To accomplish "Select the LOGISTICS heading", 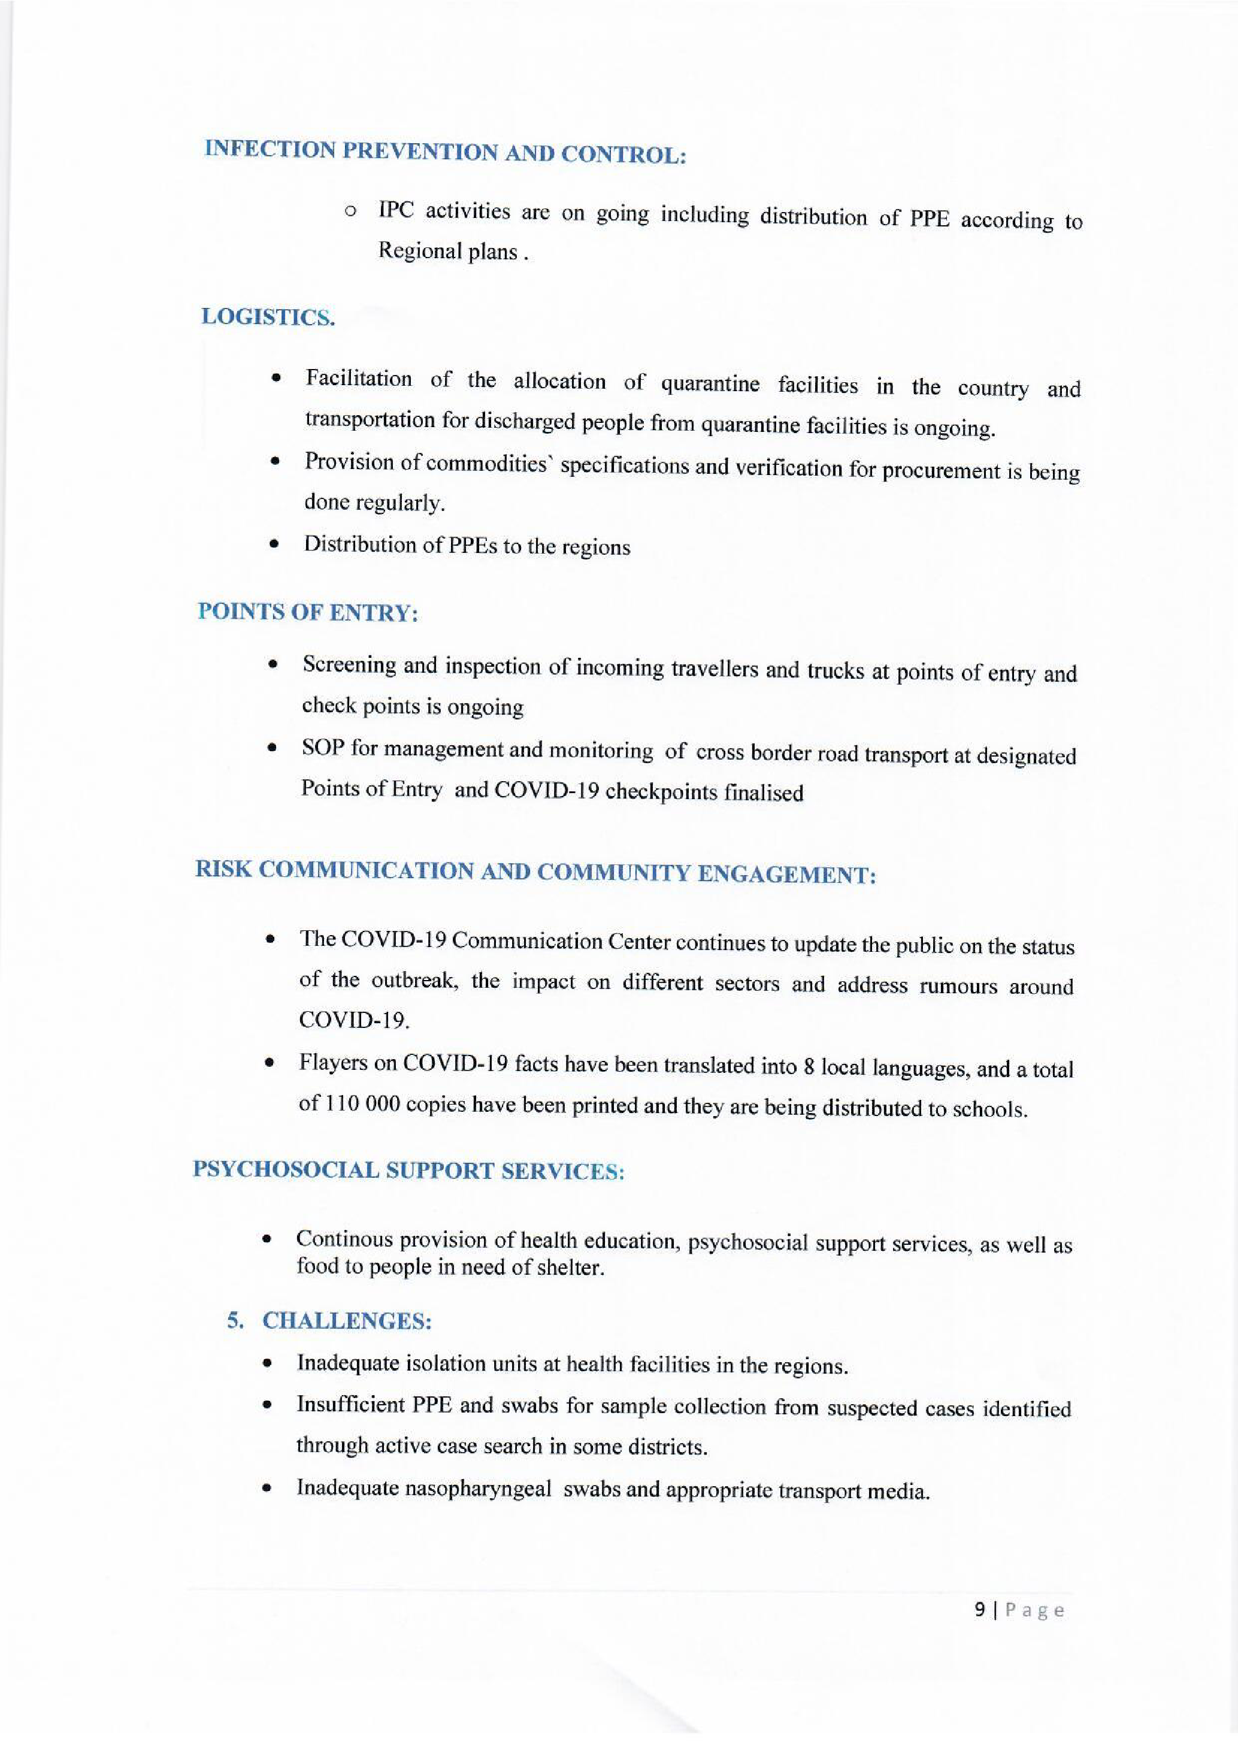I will click(268, 316).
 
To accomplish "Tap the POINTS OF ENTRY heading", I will click(308, 612).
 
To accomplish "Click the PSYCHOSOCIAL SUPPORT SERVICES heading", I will click(408, 1171).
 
